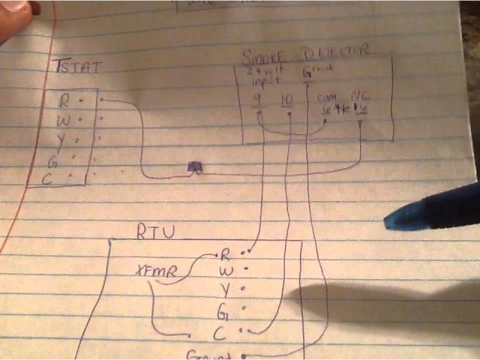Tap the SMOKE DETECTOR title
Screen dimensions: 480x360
point(305,52)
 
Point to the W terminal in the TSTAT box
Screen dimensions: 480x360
point(67,118)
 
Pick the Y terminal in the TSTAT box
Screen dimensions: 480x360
point(66,139)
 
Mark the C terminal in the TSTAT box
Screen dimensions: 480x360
point(65,178)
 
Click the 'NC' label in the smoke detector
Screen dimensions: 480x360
point(359,96)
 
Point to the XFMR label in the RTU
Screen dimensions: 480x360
point(156,271)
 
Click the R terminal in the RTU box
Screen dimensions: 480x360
point(226,256)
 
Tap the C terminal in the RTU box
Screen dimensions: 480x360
point(219,331)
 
